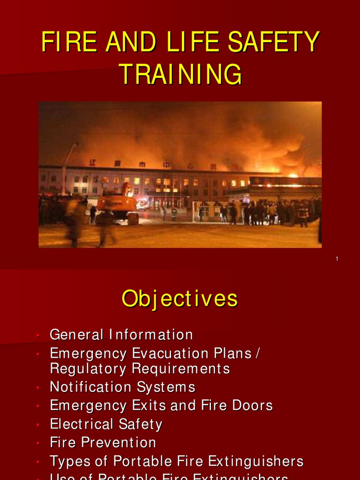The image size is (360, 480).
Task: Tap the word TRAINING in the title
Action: point(180,75)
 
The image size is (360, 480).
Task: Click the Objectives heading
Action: point(180,299)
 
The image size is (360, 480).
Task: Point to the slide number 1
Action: point(337,259)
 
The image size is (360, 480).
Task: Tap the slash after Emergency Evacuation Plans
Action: point(256,353)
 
